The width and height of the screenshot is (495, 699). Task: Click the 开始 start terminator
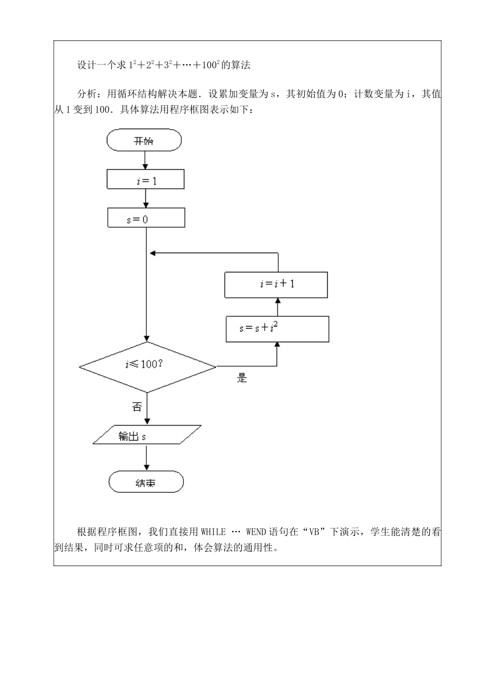coord(144,140)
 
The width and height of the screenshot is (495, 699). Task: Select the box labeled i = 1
coord(146,179)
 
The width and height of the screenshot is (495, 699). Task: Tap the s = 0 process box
coord(146,218)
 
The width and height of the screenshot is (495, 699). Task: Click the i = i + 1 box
coord(276,285)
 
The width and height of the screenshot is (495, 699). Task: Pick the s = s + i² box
coord(278,329)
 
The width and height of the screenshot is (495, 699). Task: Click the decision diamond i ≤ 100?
coord(147,367)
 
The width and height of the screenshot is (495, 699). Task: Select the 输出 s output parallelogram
coord(147,435)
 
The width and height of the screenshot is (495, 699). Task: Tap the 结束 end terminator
coord(146,482)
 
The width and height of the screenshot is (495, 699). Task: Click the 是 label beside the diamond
coord(242,378)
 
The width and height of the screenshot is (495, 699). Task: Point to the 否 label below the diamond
coord(137,407)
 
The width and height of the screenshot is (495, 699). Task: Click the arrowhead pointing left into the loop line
coord(153,253)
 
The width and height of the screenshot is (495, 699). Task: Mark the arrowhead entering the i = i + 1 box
coord(278,301)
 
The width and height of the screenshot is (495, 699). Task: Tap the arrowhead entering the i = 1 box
coord(145,167)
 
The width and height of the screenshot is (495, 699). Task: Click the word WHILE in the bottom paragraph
coord(214,532)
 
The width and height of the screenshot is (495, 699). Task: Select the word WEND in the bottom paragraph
coord(256,532)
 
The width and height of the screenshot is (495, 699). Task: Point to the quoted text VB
coord(314,532)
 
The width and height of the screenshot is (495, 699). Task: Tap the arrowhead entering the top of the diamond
coord(147,339)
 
